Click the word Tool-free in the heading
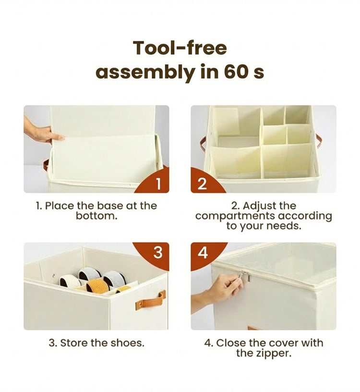[180, 48]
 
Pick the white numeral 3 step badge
[157, 253]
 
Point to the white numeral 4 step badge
[203, 253]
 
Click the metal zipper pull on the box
[245, 276]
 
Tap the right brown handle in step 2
[319, 142]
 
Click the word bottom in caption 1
[96, 216]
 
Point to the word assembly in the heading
[145, 73]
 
